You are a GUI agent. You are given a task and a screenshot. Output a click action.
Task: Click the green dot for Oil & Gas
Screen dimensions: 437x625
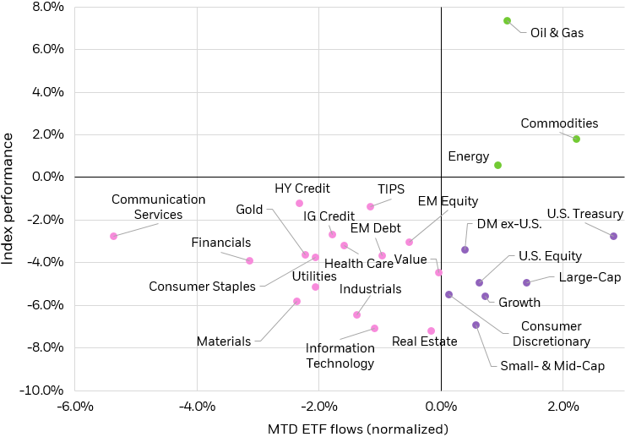click(507, 20)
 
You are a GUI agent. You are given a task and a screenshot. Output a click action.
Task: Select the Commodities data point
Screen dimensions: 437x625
click(576, 139)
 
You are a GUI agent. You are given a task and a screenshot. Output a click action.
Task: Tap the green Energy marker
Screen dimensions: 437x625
click(497, 165)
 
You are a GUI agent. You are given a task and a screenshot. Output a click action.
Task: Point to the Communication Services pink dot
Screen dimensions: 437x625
click(113, 236)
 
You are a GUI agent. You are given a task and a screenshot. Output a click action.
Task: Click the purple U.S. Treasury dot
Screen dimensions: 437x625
click(613, 236)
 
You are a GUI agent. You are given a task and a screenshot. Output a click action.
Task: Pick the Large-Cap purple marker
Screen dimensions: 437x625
click(526, 282)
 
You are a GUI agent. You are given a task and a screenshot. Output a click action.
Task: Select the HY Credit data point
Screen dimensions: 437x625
click(299, 203)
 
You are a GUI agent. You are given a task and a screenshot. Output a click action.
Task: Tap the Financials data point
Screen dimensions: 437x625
click(249, 260)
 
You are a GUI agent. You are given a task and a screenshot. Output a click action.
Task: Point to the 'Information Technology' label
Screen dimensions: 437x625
click(340, 355)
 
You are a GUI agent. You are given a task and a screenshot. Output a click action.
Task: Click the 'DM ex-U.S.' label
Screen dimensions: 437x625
click(504, 224)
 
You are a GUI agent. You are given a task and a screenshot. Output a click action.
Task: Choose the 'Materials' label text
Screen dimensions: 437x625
click(224, 341)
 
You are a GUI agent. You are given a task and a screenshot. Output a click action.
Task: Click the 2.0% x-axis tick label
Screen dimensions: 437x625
click(563, 407)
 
